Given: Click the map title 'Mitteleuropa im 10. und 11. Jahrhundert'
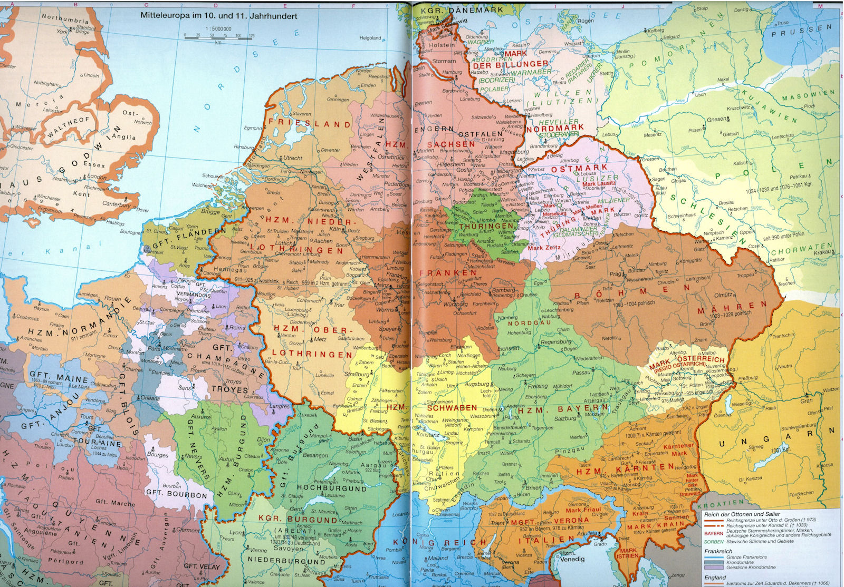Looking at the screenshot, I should (x=218, y=16).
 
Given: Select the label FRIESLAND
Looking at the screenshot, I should (x=310, y=124).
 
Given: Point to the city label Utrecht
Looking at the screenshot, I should (x=292, y=158).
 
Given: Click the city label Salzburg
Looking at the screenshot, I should (x=565, y=418).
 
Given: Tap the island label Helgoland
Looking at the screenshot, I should (x=370, y=38).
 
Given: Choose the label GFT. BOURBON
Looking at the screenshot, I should (x=176, y=495).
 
